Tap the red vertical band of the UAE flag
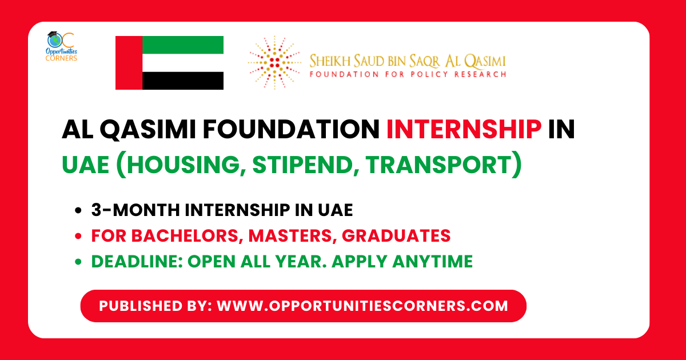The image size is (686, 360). point(129,63)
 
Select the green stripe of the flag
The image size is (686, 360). point(182,45)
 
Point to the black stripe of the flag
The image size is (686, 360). point(182,81)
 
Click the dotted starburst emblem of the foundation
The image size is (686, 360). point(274,62)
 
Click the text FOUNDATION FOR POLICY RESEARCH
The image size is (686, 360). point(407,74)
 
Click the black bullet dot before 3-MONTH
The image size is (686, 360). point(78,211)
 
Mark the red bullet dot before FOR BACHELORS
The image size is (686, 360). point(78,236)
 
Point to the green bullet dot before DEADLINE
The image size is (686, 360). point(78,262)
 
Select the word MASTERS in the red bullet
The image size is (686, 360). point(274,235)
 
